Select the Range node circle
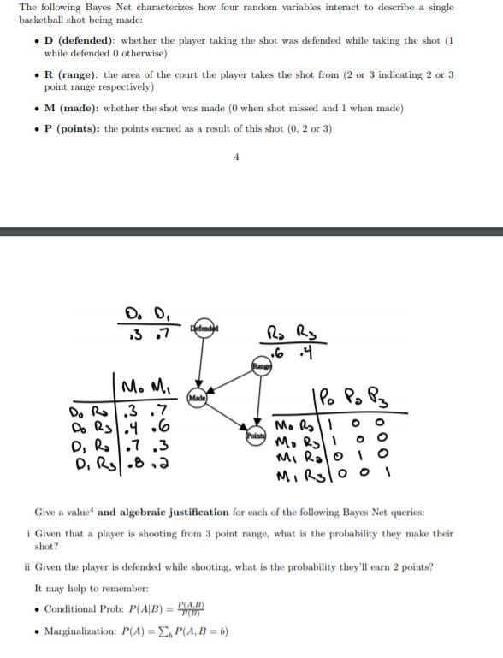point(258,366)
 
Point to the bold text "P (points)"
point(78,129)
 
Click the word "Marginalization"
point(80,631)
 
